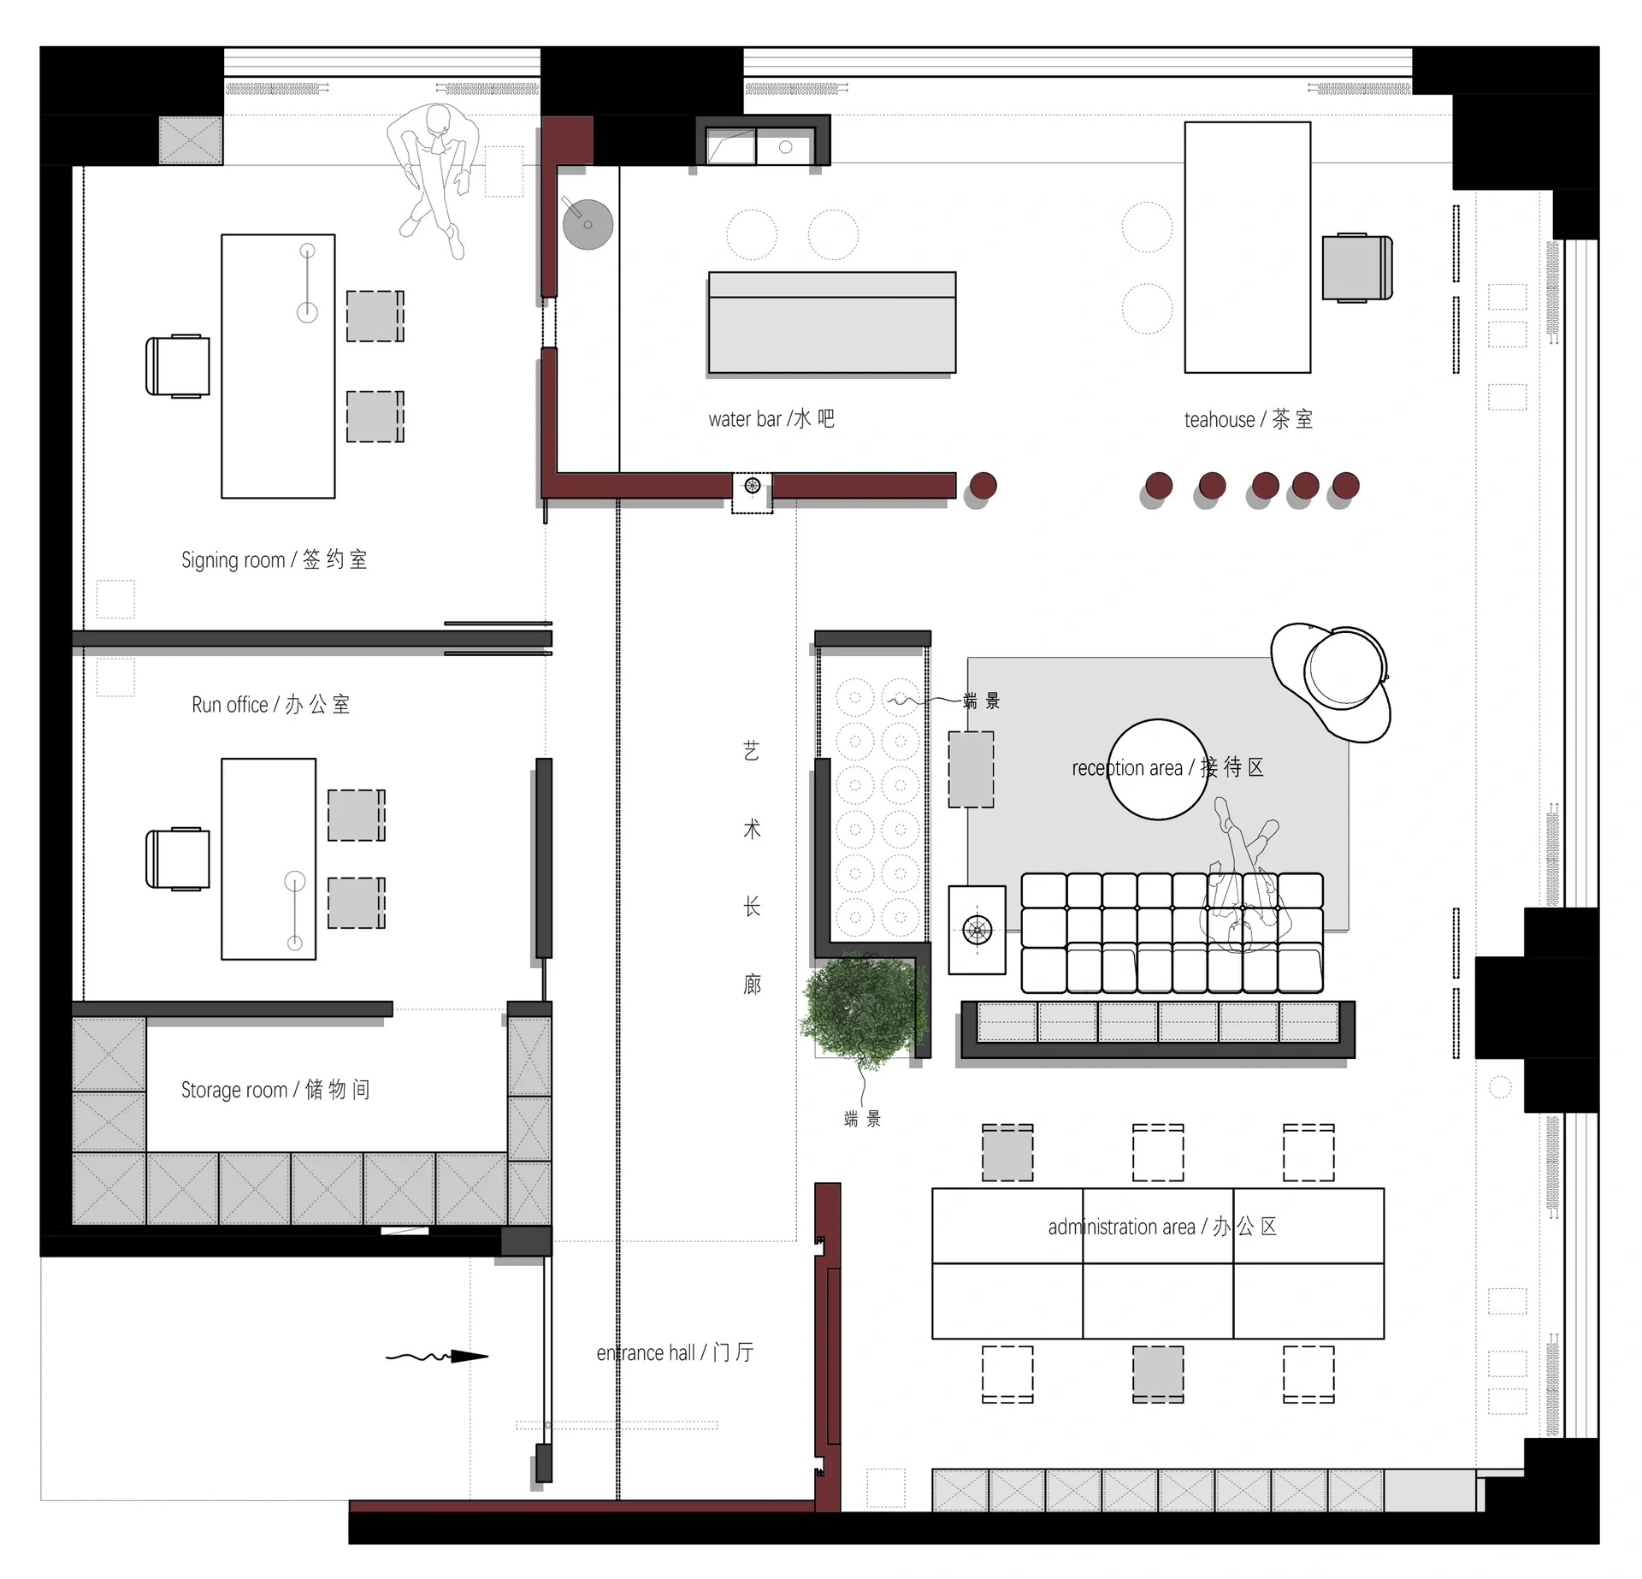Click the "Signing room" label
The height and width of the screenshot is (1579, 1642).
point(233,560)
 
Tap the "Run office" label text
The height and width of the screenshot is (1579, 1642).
point(229,705)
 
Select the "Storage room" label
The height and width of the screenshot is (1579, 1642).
point(233,1090)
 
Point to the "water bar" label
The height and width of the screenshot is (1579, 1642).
point(745,419)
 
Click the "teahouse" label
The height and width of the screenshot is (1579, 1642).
point(1220,420)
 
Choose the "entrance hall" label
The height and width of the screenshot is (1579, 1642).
point(646,1352)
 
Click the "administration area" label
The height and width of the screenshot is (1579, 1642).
point(1121,1227)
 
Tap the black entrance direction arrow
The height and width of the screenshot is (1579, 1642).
point(437,1356)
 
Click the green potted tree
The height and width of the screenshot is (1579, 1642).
point(865,1011)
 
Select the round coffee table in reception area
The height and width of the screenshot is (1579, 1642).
point(1158,769)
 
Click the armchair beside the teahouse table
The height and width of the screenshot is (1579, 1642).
point(1357,268)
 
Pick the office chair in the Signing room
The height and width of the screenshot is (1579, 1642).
point(177,366)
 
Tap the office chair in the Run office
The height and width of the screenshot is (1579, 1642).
point(177,859)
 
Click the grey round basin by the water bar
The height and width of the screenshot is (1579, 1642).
point(588,224)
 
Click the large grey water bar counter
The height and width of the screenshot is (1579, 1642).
point(832,322)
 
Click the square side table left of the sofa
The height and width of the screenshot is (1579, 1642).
point(977,929)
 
